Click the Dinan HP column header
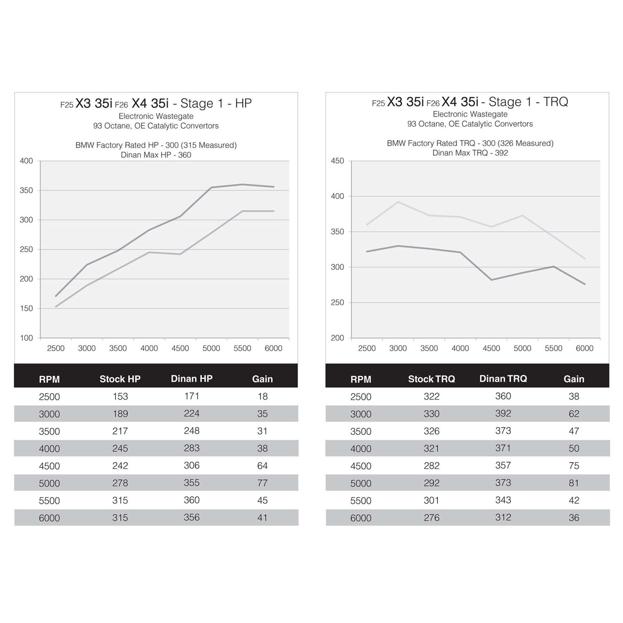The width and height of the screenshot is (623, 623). pos(192,378)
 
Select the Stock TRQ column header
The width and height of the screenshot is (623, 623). pos(431,379)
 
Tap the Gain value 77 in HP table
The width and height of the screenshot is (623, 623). pos(262,483)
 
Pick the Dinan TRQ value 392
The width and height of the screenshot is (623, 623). pos(503,413)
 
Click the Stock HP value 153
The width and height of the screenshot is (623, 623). pos(120,396)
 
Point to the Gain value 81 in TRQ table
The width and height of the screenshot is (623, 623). pos(574,483)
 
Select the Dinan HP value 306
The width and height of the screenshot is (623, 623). pos(192,465)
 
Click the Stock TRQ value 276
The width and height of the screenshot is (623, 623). pos(431,517)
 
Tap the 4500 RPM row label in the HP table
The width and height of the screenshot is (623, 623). pos(49,466)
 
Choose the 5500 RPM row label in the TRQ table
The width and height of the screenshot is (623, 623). pos(361,501)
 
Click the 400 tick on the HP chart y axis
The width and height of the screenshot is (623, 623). pos(26,161)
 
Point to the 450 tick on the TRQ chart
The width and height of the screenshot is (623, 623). pos(337,161)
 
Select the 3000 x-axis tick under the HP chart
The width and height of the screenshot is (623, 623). pos(87,348)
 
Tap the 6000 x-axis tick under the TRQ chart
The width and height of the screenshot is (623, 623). pos(585,348)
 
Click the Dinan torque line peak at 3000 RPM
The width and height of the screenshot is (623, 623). pos(398,202)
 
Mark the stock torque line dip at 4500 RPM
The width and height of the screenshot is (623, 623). pos(492,280)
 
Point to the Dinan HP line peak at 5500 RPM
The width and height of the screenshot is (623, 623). pos(242,184)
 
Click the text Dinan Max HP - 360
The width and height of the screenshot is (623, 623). pos(156,155)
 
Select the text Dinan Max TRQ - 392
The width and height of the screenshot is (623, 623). pos(470,153)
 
